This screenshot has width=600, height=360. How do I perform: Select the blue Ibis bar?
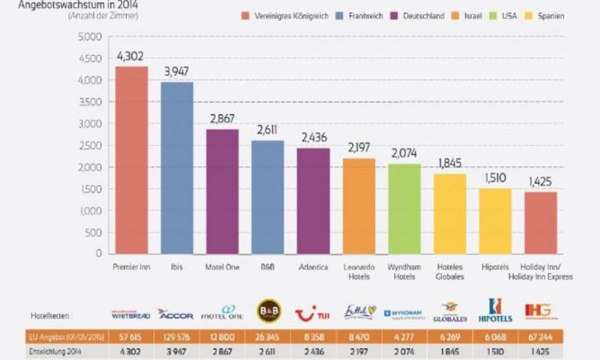(x=176, y=168)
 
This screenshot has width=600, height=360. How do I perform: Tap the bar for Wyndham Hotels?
(x=404, y=209)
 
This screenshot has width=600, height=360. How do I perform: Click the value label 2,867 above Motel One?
(x=222, y=119)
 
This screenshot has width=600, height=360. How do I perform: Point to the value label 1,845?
(x=450, y=163)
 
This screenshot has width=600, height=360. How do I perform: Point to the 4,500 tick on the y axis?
(x=90, y=59)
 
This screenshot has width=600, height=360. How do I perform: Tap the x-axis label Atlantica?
(x=313, y=267)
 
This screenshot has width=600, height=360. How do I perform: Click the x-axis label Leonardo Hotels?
(x=359, y=272)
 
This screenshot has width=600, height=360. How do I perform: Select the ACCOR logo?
(x=175, y=315)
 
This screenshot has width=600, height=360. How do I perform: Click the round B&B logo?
(x=268, y=312)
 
